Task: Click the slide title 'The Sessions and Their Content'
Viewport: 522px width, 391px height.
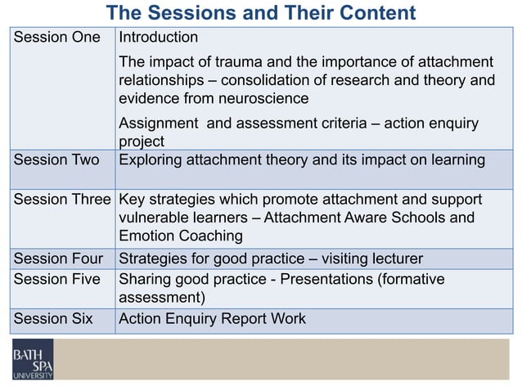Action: pos(261,13)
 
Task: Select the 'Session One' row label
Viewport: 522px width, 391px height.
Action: pos(57,38)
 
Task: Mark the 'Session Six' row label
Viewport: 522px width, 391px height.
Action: pos(53,319)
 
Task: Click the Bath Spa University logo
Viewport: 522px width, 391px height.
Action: pos(33,359)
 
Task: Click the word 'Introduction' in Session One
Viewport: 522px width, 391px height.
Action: pos(159,38)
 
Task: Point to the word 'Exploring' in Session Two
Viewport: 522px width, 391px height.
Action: pos(153,160)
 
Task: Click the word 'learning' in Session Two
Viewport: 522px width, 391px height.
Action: pos(457,160)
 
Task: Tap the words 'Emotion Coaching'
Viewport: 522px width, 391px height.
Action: pos(181,236)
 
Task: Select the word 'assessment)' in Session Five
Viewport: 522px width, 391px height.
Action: pos(161,297)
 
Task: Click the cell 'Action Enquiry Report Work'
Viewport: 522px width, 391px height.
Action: pos(213,319)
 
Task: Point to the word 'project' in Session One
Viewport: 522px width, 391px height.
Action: pos(142,141)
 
